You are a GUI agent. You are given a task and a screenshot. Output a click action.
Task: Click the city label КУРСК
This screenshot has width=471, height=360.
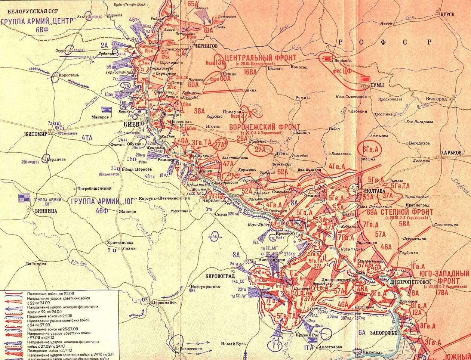(447, 14)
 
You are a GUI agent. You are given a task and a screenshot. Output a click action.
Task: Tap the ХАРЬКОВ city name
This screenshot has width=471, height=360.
(451, 153)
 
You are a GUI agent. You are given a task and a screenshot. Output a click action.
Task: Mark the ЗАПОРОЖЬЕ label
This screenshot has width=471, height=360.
(383, 333)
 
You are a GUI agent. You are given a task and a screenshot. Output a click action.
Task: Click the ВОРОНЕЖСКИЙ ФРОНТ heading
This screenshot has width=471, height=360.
(264, 127)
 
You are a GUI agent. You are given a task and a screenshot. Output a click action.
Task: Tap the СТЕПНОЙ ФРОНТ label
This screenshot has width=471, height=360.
(407, 212)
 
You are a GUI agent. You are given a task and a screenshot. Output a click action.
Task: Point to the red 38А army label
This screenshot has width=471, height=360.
(199, 111)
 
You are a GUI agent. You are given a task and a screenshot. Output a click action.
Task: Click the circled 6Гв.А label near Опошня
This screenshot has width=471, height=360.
(370, 149)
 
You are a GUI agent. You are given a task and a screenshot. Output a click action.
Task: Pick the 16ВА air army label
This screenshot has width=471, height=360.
(250, 72)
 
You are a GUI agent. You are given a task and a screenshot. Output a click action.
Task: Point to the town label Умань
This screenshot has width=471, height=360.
(128, 248)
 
